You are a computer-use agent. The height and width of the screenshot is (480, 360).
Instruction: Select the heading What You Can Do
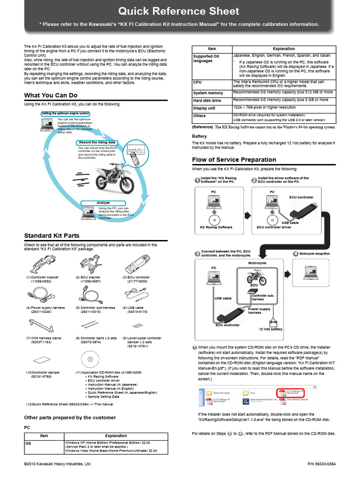(x=51, y=96)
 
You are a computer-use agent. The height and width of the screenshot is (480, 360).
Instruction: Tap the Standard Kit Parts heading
(x=52, y=236)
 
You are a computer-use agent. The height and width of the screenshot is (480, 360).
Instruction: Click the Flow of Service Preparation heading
(x=234, y=160)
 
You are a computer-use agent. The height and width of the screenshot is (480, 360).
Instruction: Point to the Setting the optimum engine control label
(x=65, y=113)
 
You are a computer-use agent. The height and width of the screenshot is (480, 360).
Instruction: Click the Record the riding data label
(x=97, y=142)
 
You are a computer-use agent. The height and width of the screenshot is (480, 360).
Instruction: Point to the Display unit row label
(x=204, y=108)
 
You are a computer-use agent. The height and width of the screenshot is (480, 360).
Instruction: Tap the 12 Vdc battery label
(x=271, y=329)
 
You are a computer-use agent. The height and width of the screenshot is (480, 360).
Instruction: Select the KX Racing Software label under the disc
(x=216, y=227)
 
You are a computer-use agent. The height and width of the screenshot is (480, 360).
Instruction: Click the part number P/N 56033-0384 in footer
(x=322, y=464)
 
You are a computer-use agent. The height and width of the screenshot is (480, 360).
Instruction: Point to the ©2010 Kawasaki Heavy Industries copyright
(x=57, y=464)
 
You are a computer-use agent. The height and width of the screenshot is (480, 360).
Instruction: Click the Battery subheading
(x=200, y=136)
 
